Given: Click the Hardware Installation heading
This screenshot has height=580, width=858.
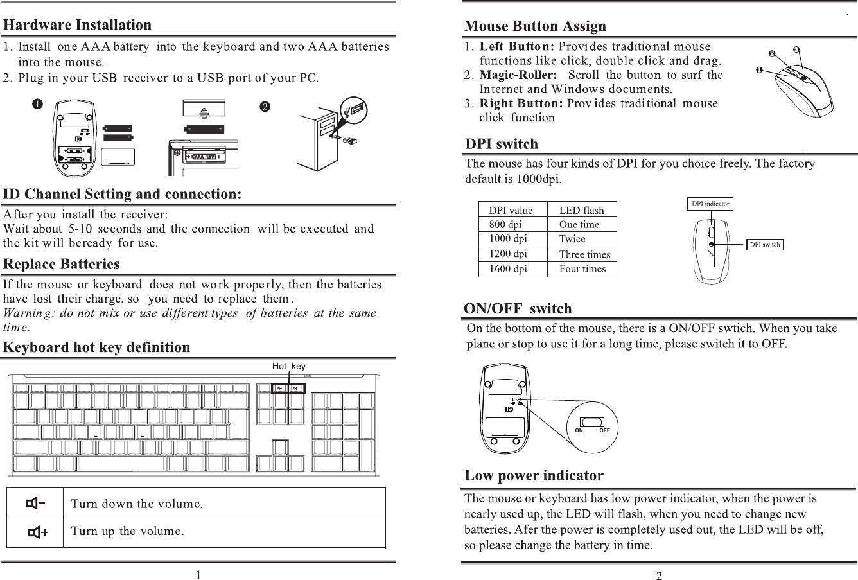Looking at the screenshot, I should point(78,25).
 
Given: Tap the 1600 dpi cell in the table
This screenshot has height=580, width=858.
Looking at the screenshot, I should point(508,269).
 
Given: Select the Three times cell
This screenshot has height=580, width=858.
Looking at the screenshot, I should point(584,254).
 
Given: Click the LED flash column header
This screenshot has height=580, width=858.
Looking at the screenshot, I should point(581,210).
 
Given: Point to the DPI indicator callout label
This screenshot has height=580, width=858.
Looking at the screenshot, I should point(710,204).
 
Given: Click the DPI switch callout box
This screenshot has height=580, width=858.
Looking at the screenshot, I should point(765,245).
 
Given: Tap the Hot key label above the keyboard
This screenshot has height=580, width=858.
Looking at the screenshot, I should point(288,366).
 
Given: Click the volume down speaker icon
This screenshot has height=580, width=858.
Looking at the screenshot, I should point(35,503).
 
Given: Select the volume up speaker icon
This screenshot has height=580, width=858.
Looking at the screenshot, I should point(38,532).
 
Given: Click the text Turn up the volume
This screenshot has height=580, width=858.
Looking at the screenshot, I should point(128,532).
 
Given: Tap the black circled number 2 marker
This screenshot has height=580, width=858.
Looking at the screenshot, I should point(264,107).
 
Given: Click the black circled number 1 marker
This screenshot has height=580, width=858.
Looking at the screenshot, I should point(39,105).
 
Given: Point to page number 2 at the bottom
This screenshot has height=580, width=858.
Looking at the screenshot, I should point(659,575).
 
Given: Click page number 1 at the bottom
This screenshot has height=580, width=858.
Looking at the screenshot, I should point(199,575).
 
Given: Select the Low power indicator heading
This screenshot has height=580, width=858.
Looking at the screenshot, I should point(534,476).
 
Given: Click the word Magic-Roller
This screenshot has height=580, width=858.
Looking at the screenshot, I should point(518,75).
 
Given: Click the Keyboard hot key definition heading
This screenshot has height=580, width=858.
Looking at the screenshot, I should point(97,347).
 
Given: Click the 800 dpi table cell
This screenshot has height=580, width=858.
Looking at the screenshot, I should point(505,225).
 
